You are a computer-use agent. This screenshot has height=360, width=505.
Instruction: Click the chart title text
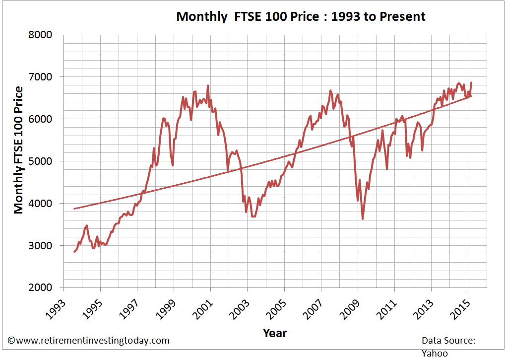301,16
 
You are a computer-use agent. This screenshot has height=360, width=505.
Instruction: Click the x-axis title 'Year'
274,333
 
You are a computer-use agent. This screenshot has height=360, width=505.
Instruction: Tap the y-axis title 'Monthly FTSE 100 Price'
19,149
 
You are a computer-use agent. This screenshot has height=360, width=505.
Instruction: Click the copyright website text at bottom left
88,341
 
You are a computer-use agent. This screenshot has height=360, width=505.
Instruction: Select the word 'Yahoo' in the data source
435,353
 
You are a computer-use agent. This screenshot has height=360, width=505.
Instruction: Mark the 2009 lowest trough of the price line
363,219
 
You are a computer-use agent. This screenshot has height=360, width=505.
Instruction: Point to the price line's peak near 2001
208,85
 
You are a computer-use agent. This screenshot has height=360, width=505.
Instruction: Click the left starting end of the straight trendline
74,209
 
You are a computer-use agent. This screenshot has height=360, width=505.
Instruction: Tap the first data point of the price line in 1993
74,252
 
